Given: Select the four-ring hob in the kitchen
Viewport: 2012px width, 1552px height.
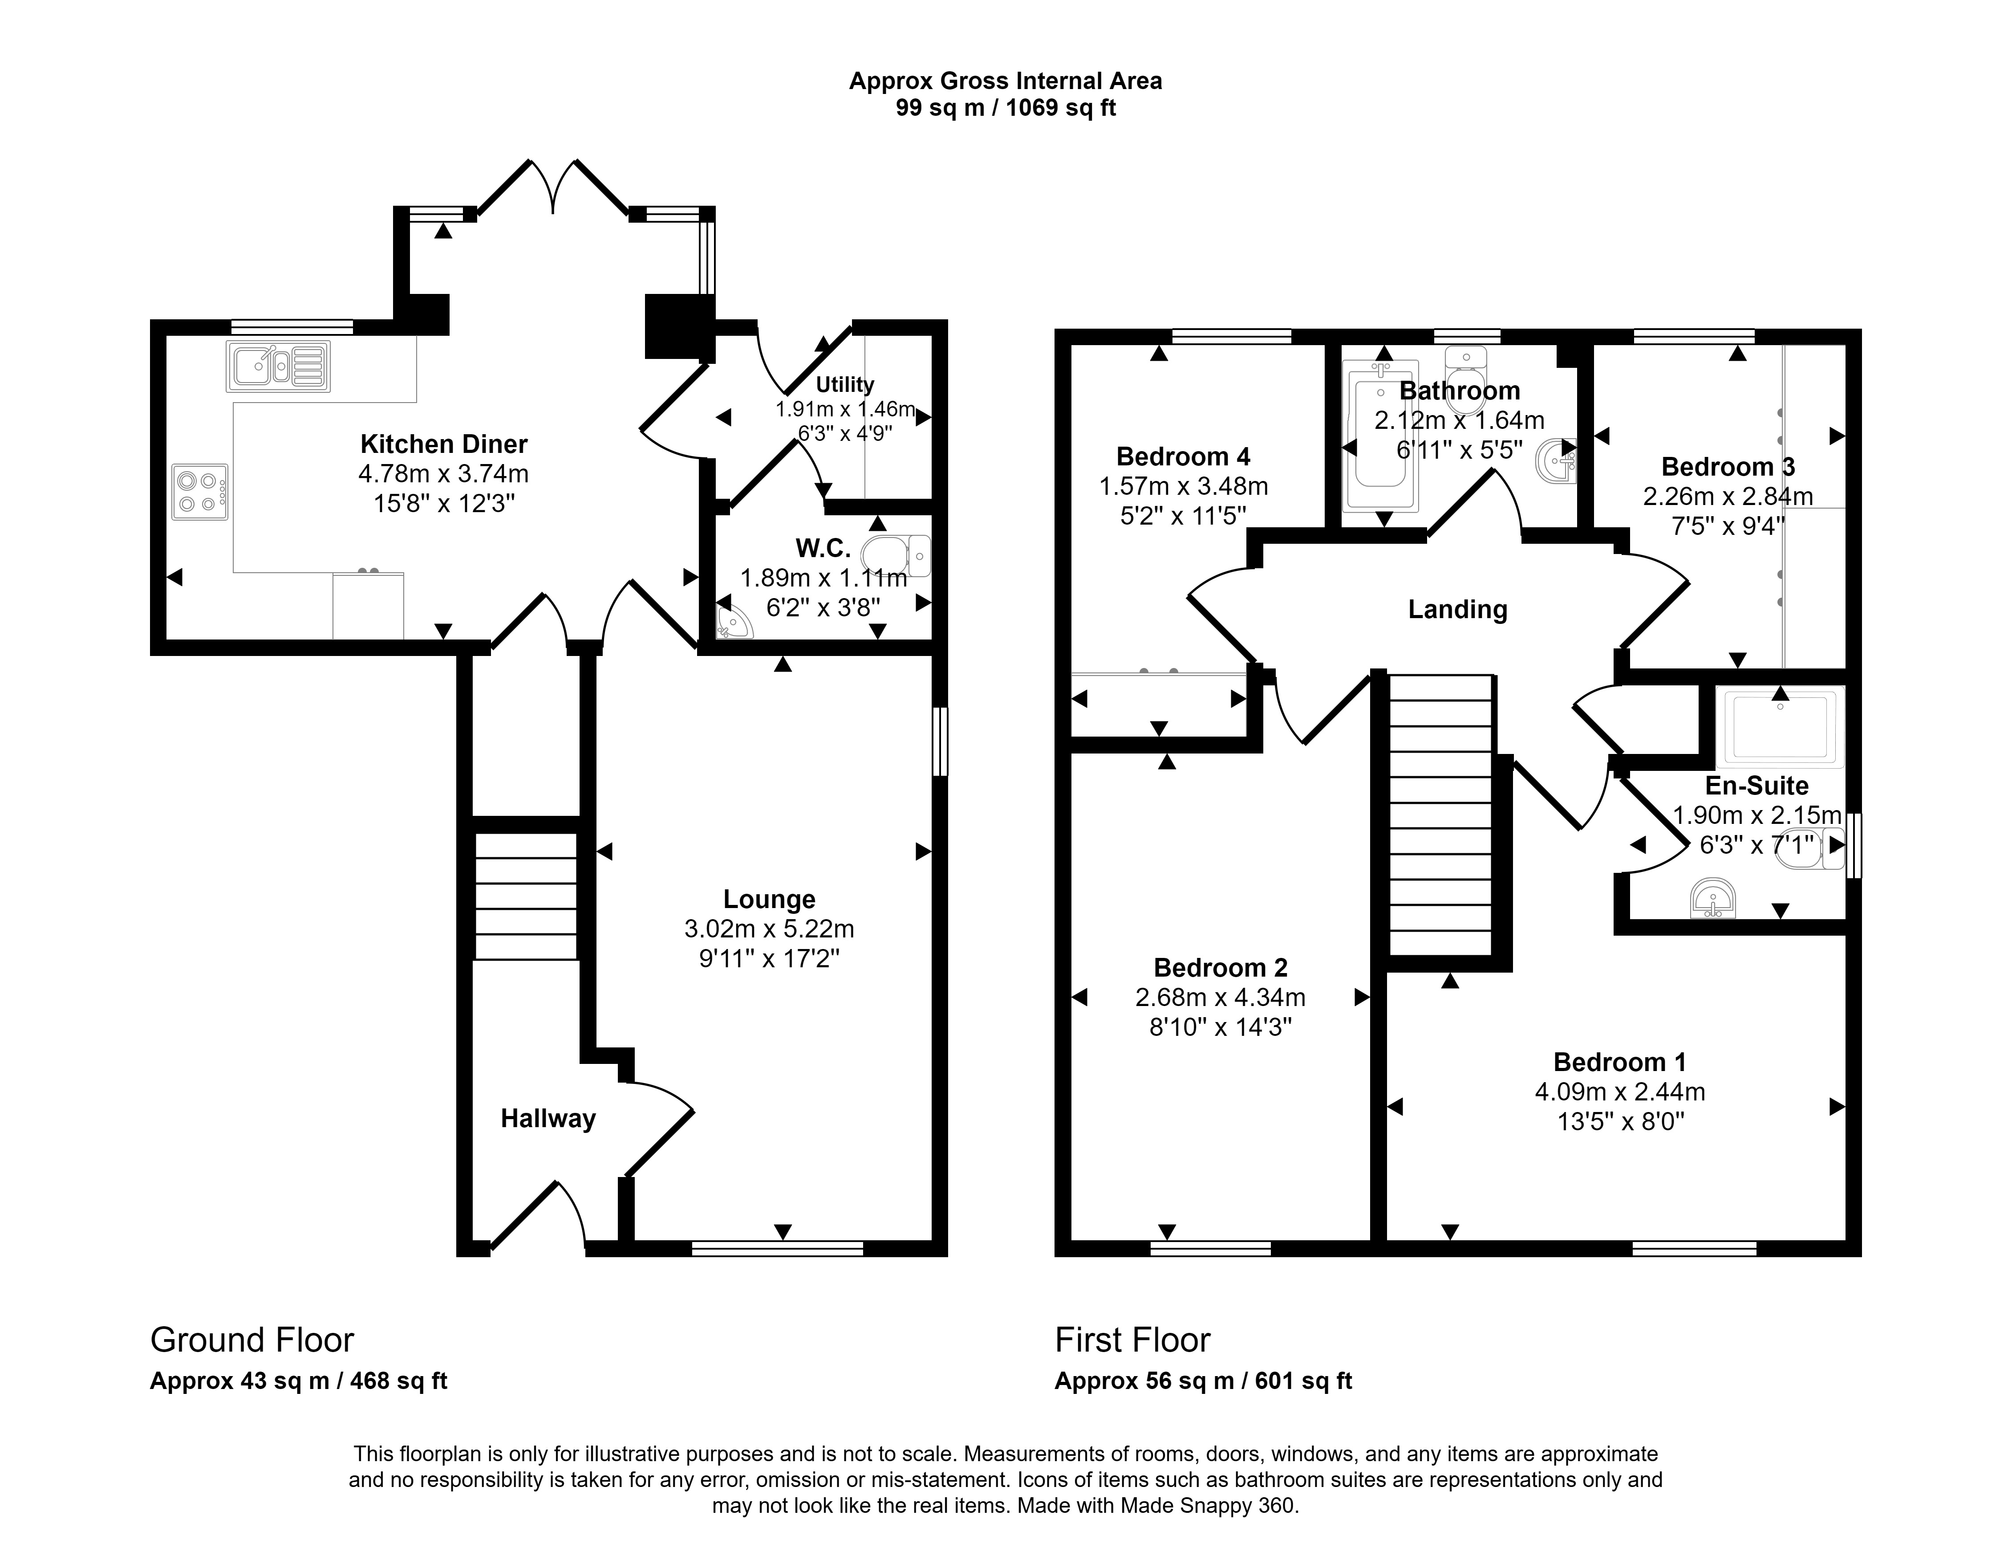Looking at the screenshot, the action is pos(199,491).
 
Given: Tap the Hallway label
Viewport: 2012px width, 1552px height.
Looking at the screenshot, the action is pos(548,1119).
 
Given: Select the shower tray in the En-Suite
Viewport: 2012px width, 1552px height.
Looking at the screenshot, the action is pos(1780,728).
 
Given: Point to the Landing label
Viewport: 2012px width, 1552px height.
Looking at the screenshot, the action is pos(1457,609).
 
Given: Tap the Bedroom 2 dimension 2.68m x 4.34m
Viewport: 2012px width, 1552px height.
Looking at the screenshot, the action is pos(1221,997).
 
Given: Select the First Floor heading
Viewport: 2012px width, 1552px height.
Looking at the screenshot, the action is pos(1132,1340).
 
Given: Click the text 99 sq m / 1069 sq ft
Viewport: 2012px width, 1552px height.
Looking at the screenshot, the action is pos(1005,109).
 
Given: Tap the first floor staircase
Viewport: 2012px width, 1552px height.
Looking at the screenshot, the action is pos(1441,815).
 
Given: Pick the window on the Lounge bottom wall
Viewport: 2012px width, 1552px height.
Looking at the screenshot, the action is pos(778,1249).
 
